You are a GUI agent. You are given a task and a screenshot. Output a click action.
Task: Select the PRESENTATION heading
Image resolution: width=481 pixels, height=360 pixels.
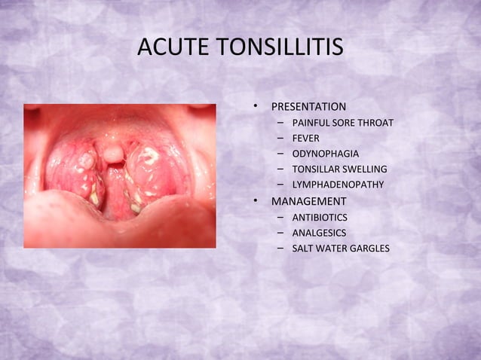(x=308, y=106)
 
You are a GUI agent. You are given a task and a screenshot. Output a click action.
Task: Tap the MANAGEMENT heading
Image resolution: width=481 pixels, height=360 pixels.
(x=308, y=201)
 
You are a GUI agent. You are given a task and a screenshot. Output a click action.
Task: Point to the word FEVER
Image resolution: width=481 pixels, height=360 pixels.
(x=305, y=138)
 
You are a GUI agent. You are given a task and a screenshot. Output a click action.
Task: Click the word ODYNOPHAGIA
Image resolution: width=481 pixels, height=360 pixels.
(x=325, y=154)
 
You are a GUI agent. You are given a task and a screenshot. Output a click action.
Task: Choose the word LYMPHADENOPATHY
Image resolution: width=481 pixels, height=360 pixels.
(x=338, y=185)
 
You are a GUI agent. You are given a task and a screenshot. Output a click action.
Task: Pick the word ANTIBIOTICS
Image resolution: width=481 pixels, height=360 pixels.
(x=320, y=217)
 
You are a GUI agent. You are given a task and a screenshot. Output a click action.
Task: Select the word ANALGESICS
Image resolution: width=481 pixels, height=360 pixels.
(x=319, y=233)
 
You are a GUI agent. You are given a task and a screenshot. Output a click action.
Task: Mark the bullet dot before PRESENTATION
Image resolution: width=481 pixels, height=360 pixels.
(x=256, y=106)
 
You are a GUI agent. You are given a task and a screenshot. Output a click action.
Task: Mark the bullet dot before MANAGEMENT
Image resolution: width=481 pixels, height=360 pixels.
(x=256, y=201)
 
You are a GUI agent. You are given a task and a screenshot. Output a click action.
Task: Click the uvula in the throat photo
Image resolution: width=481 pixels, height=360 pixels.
(x=113, y=154)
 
